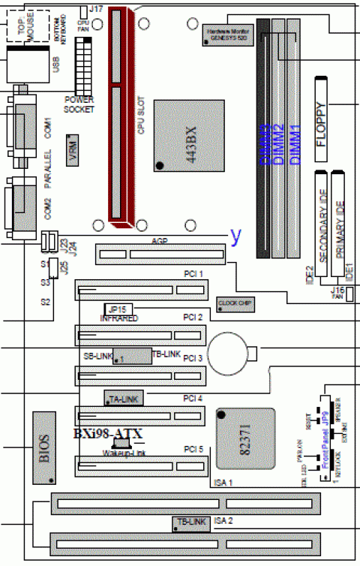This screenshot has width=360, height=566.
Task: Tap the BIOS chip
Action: point(44,447)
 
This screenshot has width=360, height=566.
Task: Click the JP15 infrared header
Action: point(116,309)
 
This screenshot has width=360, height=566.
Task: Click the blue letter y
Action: point(236,235)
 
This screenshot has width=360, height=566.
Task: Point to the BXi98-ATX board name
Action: point(107,433)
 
